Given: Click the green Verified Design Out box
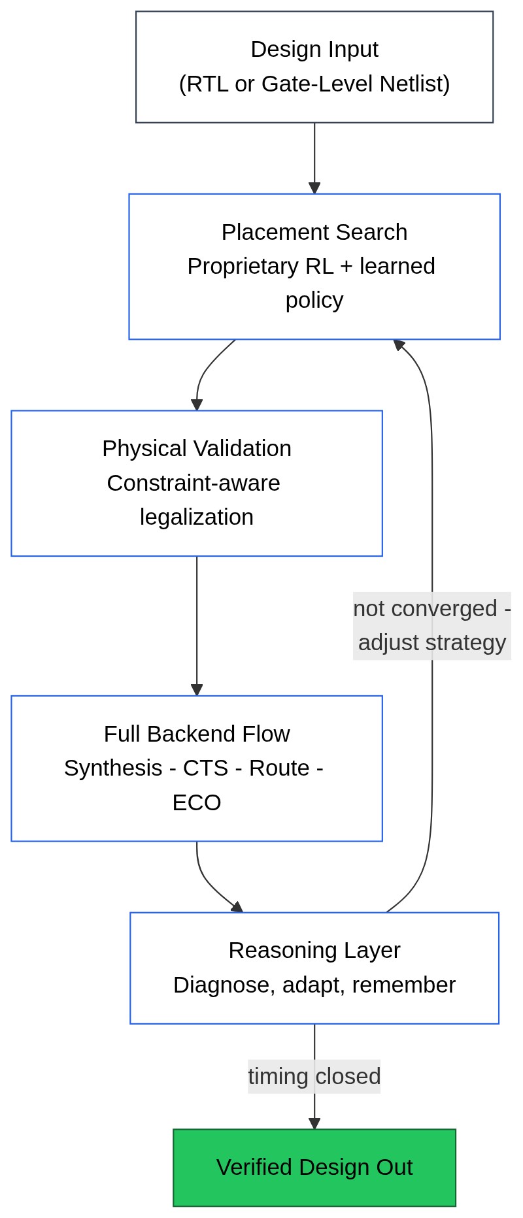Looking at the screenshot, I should tap(314, 1168).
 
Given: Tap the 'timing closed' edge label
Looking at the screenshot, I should tap(314, 1076).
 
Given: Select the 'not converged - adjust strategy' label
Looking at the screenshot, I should tap(431, 625).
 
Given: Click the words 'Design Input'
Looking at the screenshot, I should tap(314, 50).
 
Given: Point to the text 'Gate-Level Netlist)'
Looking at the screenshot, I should tap(356, 84).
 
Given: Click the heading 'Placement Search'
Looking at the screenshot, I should tap(314, 232).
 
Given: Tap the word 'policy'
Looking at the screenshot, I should tap(314, 300).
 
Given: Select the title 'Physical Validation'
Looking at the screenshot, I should tap(196, 448).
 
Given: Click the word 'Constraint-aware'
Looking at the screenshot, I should tap(194, 483).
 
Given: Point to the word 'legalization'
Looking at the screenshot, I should tap(196, 517).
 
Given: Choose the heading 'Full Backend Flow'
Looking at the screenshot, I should tap(196, 734).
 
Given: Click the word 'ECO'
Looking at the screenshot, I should tap(196, 802).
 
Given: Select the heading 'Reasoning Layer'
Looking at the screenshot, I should tap(314, 950).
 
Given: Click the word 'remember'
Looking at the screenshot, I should tap(403, 985).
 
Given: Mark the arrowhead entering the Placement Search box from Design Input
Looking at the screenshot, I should tap(314, 188).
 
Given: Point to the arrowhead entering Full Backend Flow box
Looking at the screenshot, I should tap(197, 690).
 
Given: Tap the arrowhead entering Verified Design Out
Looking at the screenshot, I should tap(314, 1124).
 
